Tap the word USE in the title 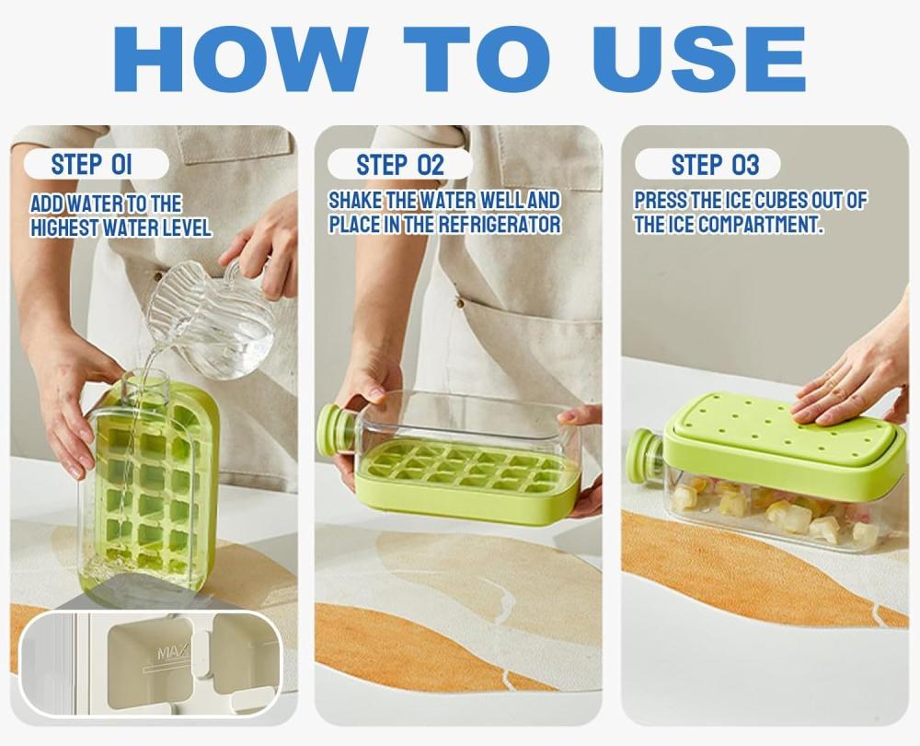699,59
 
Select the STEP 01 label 92,165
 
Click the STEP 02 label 401,165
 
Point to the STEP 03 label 715,165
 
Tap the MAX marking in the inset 174,652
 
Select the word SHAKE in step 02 355,200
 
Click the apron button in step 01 157,275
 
